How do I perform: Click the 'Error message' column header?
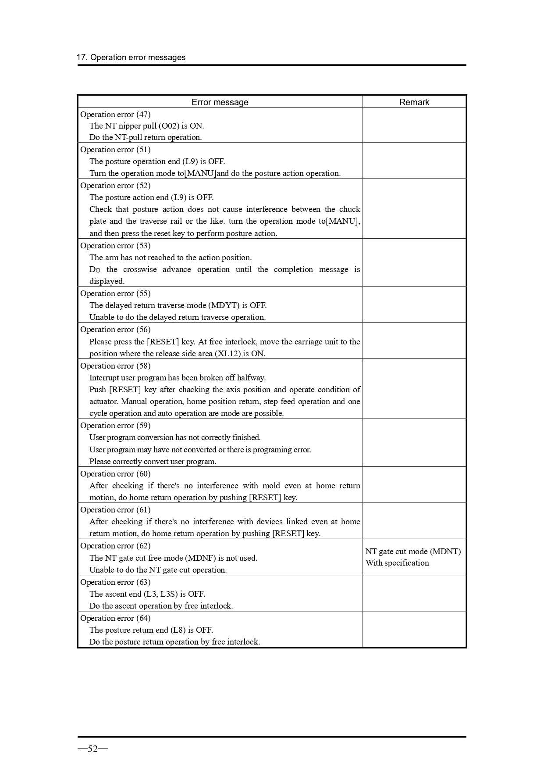tap(220, 102)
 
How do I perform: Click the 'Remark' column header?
tap(414, 102)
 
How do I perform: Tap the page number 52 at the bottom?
tap(92, 749)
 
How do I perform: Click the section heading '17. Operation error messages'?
tap(131, 57)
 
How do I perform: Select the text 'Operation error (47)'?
tap(115, 115)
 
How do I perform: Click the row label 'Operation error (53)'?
tap(115, 246)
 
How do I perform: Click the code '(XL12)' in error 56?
tap(228, 354)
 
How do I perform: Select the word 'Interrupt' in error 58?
tap(104, 378)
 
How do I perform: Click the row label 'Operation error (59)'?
tap(115, 426)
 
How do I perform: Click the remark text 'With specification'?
tap(397, 563)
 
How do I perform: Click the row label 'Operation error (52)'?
tap(115, 186)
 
